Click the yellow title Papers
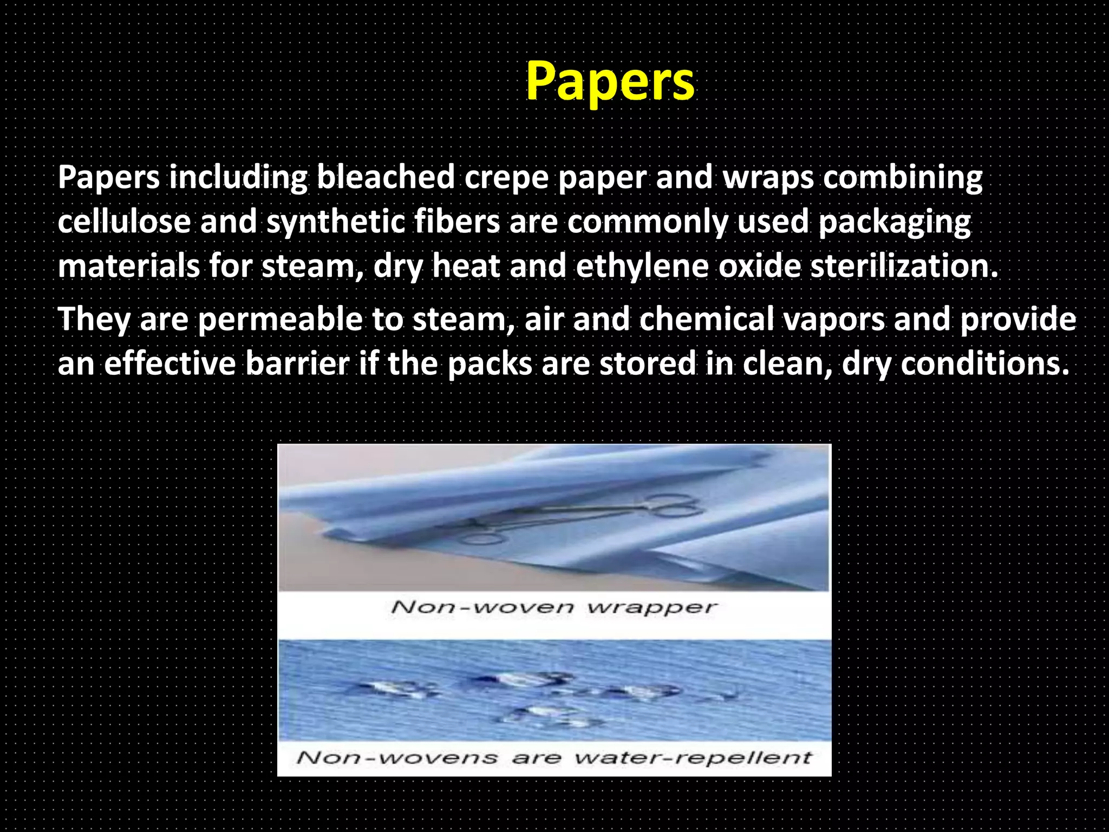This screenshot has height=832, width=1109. tap(610, 81)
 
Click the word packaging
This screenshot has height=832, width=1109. tap(895, 223)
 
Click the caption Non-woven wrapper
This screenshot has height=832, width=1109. tap(554, 607)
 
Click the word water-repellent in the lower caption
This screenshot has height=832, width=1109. tap(693, 757)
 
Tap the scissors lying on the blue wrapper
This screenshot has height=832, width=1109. tap(585, 517)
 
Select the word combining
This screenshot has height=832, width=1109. tap(903, 178)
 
